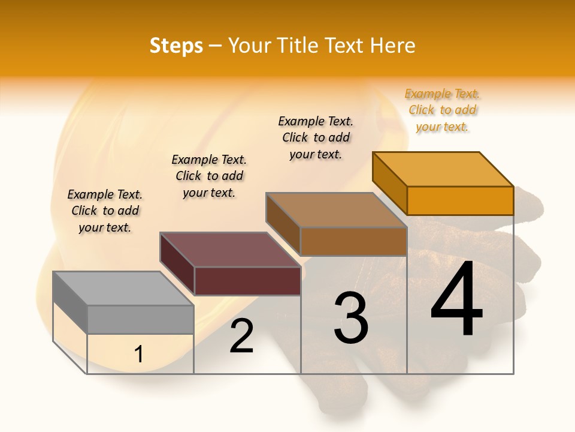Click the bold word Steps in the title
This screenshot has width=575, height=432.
pos(176,46)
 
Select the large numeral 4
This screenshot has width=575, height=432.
pos(456,300)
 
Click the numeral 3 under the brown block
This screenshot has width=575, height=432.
pos(351,318)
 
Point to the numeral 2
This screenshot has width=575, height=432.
pos(242,336)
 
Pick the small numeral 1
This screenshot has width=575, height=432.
pos(139,355)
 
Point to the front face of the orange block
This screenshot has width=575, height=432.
pos(460,200)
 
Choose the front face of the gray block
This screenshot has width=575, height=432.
pos(140,319)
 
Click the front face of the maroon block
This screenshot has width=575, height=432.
pos(247,281)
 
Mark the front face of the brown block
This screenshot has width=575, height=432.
pos(353,241)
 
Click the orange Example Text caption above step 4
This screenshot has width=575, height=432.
pos(442,110)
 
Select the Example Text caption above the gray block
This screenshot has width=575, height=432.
pos(105,211)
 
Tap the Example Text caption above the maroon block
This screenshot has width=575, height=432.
pos(209,176)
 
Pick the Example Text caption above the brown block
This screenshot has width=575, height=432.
pos(316,137)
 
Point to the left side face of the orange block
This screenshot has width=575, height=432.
pos(390,184)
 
